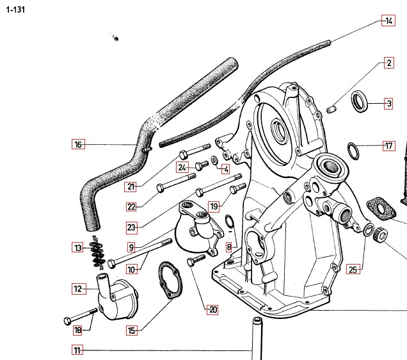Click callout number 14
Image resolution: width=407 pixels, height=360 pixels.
(388, 20)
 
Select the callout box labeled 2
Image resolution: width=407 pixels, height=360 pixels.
(388, 63)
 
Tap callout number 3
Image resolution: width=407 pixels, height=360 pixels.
(388, 102)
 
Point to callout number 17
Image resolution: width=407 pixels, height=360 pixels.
(388, 145)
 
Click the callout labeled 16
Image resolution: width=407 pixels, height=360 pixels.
(78, 145)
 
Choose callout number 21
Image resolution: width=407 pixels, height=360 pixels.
(131, 187)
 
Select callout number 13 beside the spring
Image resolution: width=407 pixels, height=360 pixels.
(78, 247)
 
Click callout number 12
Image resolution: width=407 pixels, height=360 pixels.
(78, 289)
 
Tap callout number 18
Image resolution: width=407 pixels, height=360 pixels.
(78, 331)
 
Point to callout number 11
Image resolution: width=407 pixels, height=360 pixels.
(77, 350)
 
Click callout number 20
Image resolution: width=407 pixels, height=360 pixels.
(212, 310)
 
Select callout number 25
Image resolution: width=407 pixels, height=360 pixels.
(353, 270)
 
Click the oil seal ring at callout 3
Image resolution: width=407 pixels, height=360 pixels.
(362, 101)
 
